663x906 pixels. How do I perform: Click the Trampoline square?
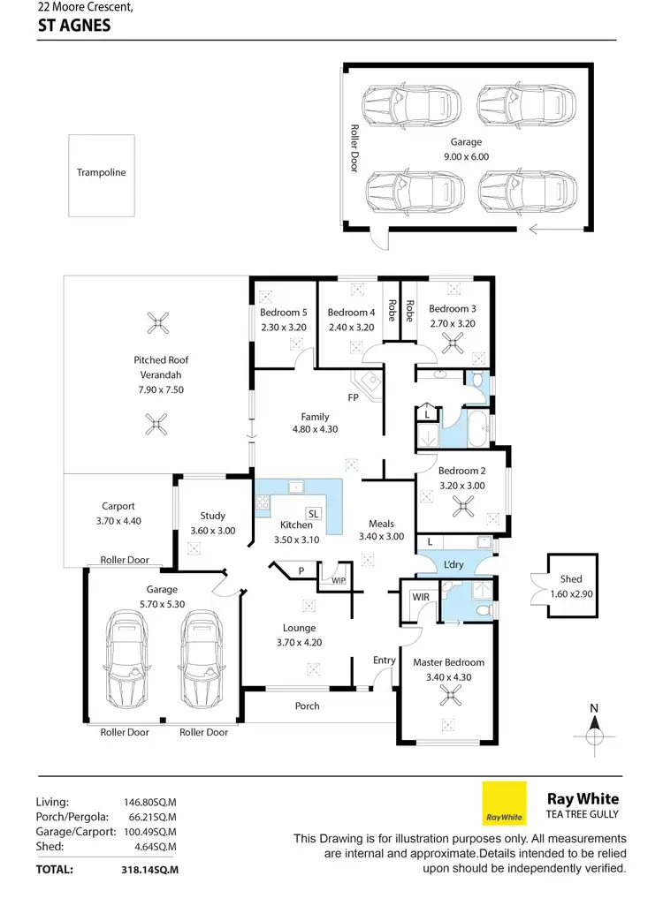[x=102, y=175]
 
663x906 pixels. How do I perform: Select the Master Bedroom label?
[x=448, y=662]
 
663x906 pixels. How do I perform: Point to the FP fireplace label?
[x=353, y=397]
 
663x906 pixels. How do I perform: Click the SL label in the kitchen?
[x=313, y=513]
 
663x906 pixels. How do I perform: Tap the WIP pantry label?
[x=338, y=581]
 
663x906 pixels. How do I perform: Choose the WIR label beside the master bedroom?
[x=421, y=598]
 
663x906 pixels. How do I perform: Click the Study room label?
[x=213, y=516]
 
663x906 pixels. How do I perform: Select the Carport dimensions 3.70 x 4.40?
[x=118, y=521]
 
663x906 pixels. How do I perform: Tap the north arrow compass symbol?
[x=595, y=730]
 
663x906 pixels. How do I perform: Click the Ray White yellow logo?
[x=504, y=803]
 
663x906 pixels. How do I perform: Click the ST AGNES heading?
[x=74, y=26]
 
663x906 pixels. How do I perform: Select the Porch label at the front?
[x=307, y=706]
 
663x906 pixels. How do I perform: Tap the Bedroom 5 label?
[x=284, y=313]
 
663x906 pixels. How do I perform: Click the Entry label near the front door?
[x=385, y=661]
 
